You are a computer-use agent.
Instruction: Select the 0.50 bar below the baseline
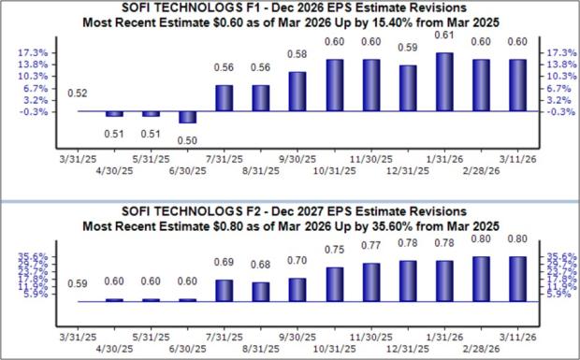click(187, 117)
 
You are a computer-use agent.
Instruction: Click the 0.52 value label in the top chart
click(79, 94)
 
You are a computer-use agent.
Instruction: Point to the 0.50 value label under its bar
click(187, 140)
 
